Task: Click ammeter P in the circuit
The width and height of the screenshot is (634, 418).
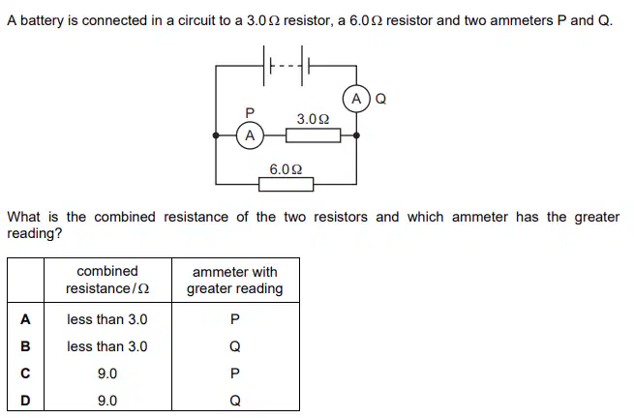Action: (x=250, y=135)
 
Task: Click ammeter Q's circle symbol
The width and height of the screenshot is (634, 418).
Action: (x=356, y=99)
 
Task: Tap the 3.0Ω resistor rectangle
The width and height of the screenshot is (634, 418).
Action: (x=313, y=135)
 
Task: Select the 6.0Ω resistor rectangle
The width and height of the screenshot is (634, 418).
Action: (x=286, y=185)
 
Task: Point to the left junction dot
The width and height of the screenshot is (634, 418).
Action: (x=216, y=135)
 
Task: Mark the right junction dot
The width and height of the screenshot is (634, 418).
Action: (x=356, y=135)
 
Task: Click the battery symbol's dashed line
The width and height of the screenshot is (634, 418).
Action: (x=286, y=66)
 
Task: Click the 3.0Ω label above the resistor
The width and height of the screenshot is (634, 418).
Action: (x=313, y=119)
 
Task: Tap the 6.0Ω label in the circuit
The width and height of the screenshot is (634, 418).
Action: (x=286, y=169)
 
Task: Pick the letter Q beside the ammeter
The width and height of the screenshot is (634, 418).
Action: (x=381, y=99)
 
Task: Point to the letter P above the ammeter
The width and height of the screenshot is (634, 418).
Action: (x=250, y=112)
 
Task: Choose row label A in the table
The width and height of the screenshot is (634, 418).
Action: (x=25, y=319)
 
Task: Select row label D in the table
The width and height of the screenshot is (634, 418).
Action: (x=25, y=401)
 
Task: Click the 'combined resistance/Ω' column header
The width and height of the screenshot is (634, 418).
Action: (x=107, y=280)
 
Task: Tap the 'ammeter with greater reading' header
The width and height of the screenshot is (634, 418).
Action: (x=235, y=281)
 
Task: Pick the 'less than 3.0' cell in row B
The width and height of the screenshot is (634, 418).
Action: (x=107, y=346)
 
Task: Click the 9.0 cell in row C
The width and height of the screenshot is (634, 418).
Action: (x=107, y=373)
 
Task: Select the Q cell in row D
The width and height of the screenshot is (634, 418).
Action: (x=235, y=401)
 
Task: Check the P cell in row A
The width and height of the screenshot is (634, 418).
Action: (x=235, y=319)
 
